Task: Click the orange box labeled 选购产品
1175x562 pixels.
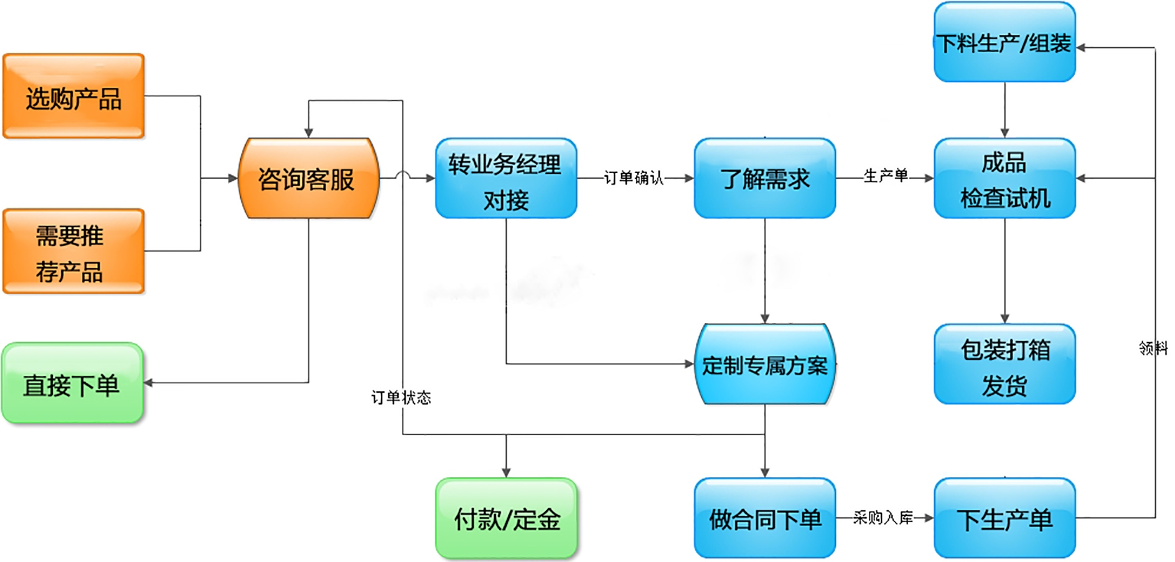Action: (x=73, y=96)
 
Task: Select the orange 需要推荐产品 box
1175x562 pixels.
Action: (x=73, y=251)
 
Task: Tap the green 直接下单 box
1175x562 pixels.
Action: (x=72, y=383)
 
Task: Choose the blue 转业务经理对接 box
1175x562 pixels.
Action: (x=506, y=179)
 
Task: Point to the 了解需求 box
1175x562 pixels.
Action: (x=764, y=179)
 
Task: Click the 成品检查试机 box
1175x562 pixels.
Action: (x=1004, y=179)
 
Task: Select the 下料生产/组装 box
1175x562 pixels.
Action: (x=1004, y=42)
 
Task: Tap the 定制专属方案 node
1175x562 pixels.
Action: (x=764, y=364)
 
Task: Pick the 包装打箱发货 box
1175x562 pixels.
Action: (x=1004, y=365)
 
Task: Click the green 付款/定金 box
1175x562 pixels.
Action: (x=506, y=518)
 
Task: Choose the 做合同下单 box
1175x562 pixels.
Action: (x=764, y=518)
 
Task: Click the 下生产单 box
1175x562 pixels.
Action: (x=1004, y=518)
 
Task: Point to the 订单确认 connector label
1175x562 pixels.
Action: (x=634, y=179)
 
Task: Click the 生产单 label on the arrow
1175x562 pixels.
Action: (x=885, y=176)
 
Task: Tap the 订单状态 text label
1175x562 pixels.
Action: (x=401, y=398)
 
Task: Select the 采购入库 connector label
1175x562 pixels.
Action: (x=883, y=518)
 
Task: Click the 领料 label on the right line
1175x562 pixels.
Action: (x=1153, y=348)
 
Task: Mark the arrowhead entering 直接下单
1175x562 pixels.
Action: (x=149, y=383)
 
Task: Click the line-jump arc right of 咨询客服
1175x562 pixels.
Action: (x=403, y=176)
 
